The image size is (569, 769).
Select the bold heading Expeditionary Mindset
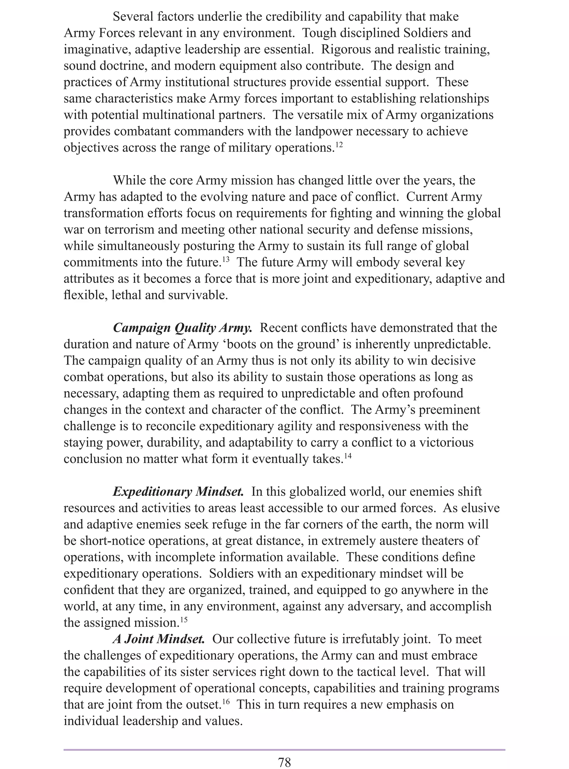178,491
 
